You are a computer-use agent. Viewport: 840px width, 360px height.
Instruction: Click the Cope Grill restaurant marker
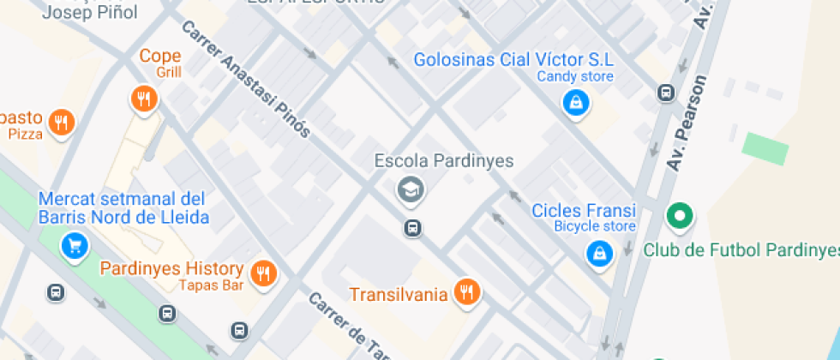click(x=143, y=100)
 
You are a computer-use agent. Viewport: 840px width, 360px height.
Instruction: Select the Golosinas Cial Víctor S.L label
click(x=513, y=60)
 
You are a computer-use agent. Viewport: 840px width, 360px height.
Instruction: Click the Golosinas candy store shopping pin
click(x=574, y=104)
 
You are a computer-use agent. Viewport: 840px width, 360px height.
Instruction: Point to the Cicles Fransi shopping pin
click(x=597, y=252)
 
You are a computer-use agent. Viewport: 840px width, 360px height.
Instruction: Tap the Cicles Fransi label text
click(x=584, y=211)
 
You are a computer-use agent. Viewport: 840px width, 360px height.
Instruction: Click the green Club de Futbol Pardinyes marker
click(x=680, y=216)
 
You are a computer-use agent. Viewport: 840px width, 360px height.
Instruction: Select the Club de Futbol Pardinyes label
click(x=741, y=250)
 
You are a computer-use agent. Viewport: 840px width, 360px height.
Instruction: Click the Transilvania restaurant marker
click(x=466, y=291)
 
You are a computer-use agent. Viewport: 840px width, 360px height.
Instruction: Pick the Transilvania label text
click(x=398, y=295)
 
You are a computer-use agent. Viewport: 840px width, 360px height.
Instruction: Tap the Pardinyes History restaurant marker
click(x=263, y=273)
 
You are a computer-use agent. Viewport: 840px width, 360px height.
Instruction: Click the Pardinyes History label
click(x=171, y=268)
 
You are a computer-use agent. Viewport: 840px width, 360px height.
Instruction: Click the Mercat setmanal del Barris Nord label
click(x=123, y=207)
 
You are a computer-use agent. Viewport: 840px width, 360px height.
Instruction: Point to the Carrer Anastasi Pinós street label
click(x=246, y=80)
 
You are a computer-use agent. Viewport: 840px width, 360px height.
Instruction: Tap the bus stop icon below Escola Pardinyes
click(x=413, y=228)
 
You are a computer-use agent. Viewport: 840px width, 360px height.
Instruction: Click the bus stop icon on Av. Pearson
click(x=665, y=93)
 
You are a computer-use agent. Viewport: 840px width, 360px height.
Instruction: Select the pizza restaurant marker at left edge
click(x=60, y=123)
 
